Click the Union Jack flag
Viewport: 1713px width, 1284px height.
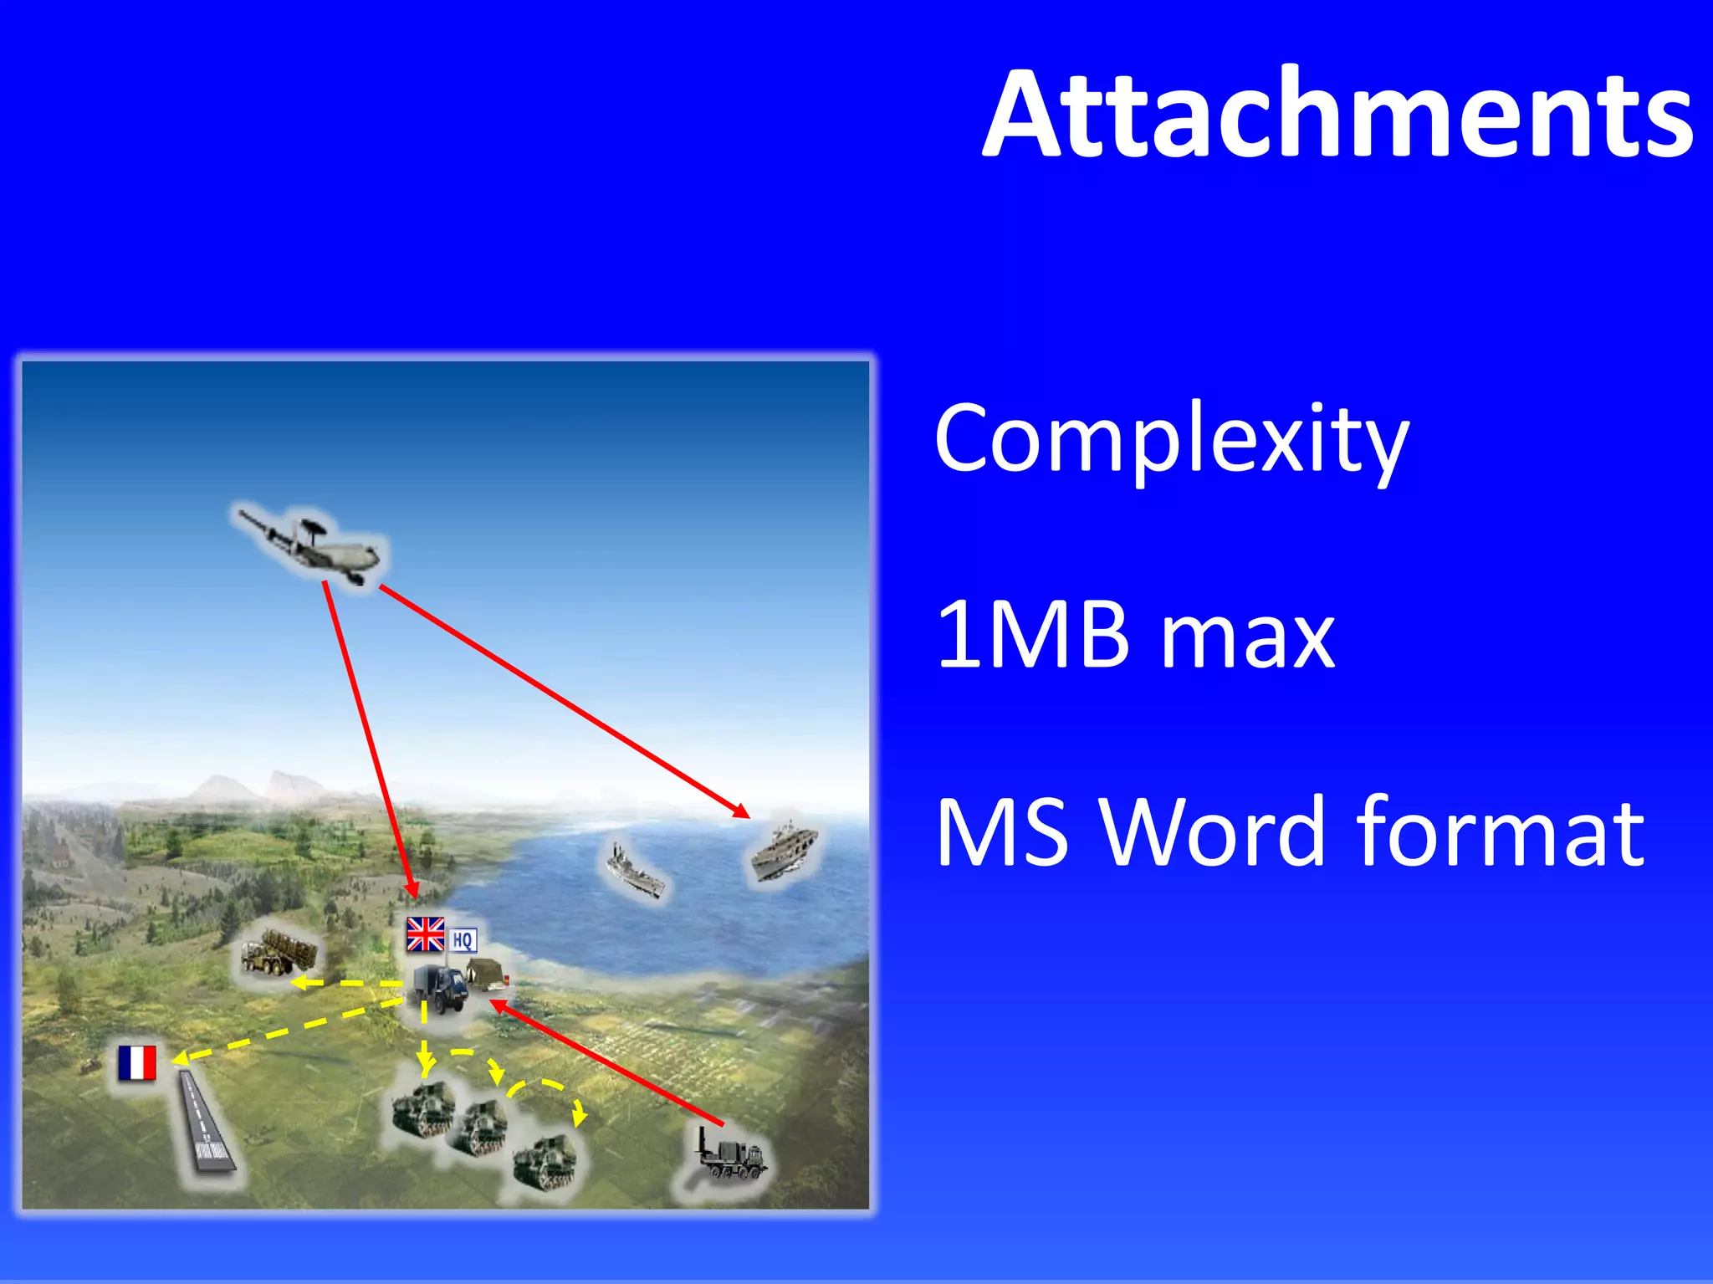pos(425,934)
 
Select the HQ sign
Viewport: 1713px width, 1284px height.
pos(463,940)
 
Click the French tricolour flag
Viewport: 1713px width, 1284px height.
pos(136,1063)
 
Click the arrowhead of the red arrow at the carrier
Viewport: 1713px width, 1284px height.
pos(740,811)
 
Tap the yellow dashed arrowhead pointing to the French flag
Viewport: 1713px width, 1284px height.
pos(179,1060)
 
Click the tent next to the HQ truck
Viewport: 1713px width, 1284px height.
pos(486,974)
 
